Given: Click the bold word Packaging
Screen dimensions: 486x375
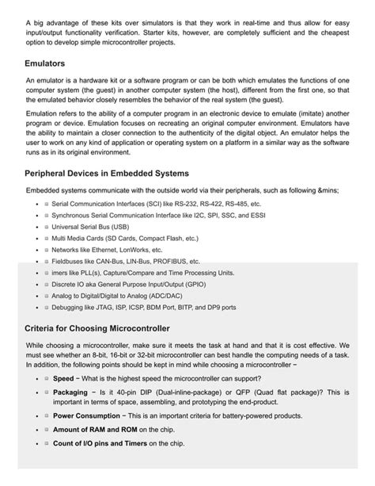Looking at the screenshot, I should click(70, 392).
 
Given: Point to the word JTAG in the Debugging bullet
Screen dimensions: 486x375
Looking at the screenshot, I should click(106, 306).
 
